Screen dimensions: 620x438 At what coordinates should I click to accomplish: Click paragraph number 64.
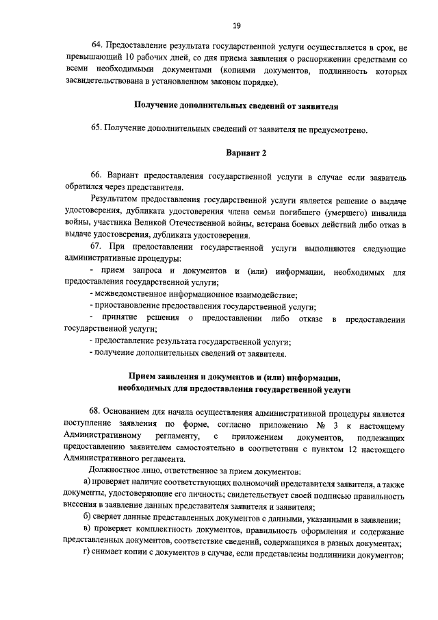[97, 49]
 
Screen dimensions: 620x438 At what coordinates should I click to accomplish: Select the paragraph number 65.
[97, 129]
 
